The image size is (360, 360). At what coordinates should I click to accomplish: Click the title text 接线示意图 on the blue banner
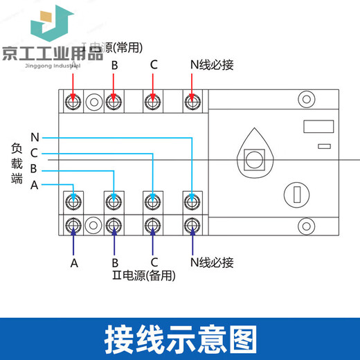point(180,339)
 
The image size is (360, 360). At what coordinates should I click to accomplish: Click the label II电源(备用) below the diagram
point(143,275)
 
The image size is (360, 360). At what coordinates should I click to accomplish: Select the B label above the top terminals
point(115,65)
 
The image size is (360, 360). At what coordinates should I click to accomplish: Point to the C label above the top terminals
point(154,65)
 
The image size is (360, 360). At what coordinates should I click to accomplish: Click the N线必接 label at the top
point(211,65)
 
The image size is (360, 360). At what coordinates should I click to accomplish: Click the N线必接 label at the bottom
point(211,262)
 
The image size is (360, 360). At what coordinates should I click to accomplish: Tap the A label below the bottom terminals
point(74,263)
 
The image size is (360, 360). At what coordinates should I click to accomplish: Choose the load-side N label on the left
point(35,138)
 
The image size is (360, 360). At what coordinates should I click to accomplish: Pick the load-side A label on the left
point(35,184)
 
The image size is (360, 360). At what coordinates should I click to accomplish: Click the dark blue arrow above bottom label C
point(152,242)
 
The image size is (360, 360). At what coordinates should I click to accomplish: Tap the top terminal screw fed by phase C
point(152,103)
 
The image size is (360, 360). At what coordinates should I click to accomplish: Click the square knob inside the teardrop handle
point(254,159)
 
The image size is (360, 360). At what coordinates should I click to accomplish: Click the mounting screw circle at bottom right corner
point(304,226)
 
